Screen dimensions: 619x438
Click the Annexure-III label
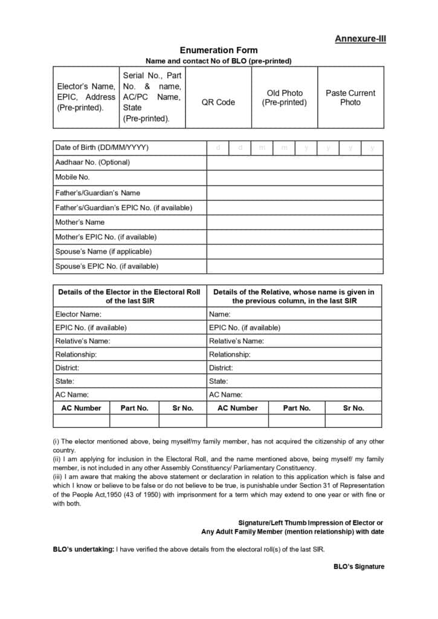(360, 39)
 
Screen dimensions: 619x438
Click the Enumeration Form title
(218, 50)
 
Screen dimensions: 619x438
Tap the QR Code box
(218, 102)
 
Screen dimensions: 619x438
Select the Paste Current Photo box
(350, 97)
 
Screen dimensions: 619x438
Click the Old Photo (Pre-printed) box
(284, 97)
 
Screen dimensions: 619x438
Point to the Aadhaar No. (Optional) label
(92, 162)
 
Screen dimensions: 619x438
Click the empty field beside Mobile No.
(295, 178)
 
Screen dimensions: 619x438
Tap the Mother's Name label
(80, 222)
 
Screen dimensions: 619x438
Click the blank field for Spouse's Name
(295, 251)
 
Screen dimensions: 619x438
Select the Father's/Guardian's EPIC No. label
(123, 207)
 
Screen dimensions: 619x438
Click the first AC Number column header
(81, 408)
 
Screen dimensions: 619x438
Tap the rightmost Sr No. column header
(353, 408)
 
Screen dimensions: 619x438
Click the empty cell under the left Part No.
(134, 421)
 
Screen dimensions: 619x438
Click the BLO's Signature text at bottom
(359, 566)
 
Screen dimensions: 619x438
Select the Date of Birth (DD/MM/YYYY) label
(101, 147)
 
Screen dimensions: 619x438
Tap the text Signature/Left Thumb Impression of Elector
(311, 522)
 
